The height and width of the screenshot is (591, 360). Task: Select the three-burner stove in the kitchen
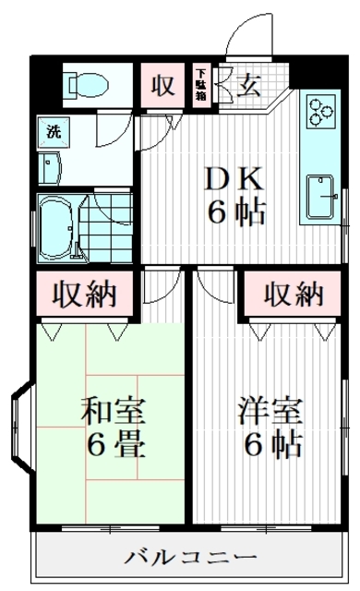tap(320, 113)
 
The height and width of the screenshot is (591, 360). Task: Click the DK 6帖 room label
tap(235, 194)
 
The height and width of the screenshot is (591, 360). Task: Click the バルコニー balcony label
tap(191, 557)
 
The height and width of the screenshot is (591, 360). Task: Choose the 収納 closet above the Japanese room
tap(88, 295)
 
